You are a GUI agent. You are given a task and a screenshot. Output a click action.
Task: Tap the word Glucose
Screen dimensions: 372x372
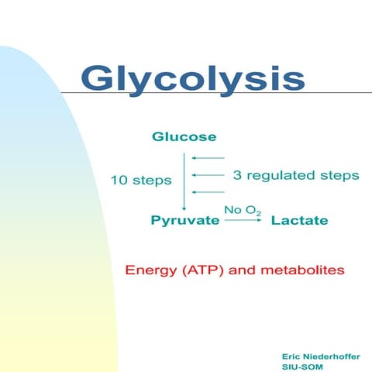[x=184, y=138]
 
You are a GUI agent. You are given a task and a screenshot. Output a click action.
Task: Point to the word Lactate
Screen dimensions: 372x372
[x=299, y=221]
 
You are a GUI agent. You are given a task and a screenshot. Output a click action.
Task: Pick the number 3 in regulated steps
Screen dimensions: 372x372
[x=237, y=175]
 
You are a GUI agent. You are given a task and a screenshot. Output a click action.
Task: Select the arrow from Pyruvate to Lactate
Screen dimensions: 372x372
[x=242, y=221]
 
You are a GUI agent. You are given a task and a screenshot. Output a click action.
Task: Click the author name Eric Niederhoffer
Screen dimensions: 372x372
[x=321, y=355]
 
